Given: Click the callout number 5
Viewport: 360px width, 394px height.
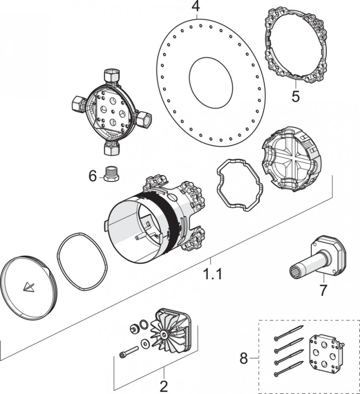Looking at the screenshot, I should pyautogui.click(x=295, y=96).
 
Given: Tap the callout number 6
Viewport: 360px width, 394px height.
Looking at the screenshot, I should pyautogui.click(x=93, y=176).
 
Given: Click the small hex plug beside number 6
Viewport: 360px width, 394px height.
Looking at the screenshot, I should pyautogui.click(x=111, y=174).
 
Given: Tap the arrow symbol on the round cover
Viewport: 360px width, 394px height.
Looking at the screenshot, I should pyautogui.click(x=28, y=287).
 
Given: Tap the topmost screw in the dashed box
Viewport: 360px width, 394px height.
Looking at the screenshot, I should pyautogui.click(x=288, y=333).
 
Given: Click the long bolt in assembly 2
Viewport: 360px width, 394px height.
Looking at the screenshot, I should pyautogui.click(x=129, y=352).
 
